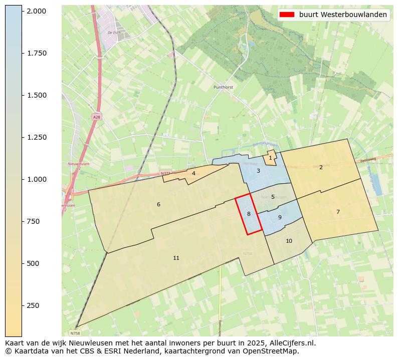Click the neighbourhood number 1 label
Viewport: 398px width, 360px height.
point(270,158)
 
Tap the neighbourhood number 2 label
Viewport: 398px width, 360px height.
point(321,167)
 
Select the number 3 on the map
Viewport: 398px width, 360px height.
point(258,171)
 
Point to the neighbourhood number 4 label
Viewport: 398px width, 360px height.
point(193,173)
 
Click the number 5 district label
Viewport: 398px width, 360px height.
point(273,197)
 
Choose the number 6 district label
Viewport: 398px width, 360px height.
point(158,204)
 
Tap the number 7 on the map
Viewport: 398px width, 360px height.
point(338,212)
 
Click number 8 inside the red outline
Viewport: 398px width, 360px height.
point(249,214)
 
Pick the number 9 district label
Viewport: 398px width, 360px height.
point(280,217)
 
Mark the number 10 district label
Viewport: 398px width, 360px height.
point(289,241)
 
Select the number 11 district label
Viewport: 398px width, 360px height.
point(176,258)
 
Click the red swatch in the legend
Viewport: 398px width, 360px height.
point(287,15)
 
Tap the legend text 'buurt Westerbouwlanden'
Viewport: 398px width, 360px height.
point(343,15)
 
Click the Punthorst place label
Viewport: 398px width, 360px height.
point(224,87)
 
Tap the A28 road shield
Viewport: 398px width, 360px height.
point(96,117)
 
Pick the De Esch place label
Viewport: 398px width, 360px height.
point(114,33)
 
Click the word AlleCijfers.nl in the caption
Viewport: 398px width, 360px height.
point(290,343)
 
